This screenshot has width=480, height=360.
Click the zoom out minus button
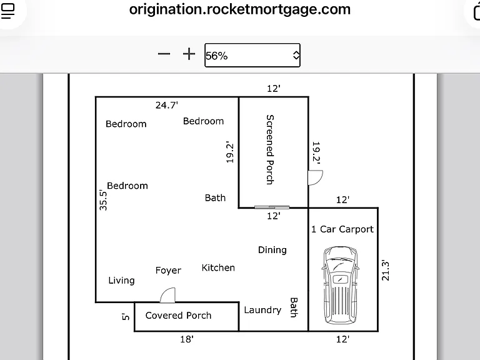tap(164, 54)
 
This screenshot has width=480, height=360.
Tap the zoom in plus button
tap(189, 54)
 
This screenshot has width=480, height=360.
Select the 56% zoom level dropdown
tap(252, 55)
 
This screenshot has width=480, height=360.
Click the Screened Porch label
tap(270, 149)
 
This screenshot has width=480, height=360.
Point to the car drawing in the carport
tap(341, 285)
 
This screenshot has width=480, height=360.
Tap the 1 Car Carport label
tap(342, 229)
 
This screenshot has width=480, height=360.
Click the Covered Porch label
tap(178, 315)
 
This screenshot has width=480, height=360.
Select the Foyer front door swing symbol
tap(167, 296)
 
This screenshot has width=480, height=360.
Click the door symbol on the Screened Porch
tap(315, 178)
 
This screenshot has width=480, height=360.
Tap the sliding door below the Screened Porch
tap(272, 207)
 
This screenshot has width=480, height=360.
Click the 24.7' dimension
tap(166, 105)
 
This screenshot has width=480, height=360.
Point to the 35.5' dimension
tap(104, 201)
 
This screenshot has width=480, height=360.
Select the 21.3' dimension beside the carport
tap(386, 270)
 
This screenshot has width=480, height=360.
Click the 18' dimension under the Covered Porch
tap(187, 339)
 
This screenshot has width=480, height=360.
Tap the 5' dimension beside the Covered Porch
tap(126, 316)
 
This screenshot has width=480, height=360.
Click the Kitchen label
tap(218, 268)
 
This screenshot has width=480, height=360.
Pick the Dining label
tap(272, 250)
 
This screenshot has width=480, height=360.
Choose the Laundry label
tap(262, 310)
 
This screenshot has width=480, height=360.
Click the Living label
tap(121, 281)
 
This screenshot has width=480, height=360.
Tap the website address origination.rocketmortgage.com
tap(240, 9)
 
